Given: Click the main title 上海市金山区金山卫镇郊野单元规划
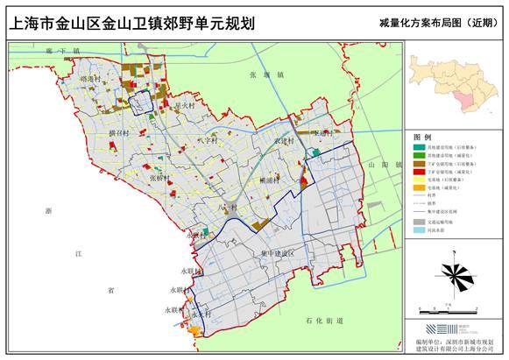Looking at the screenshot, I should click(x=131, y=21).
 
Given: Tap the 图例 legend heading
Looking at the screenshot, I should click(x=422, y=138).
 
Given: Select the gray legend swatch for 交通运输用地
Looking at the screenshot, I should click(x=420, y=223).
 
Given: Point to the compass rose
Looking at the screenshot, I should click(x=455, y=276).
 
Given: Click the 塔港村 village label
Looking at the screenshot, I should click(x=90, y=78).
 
